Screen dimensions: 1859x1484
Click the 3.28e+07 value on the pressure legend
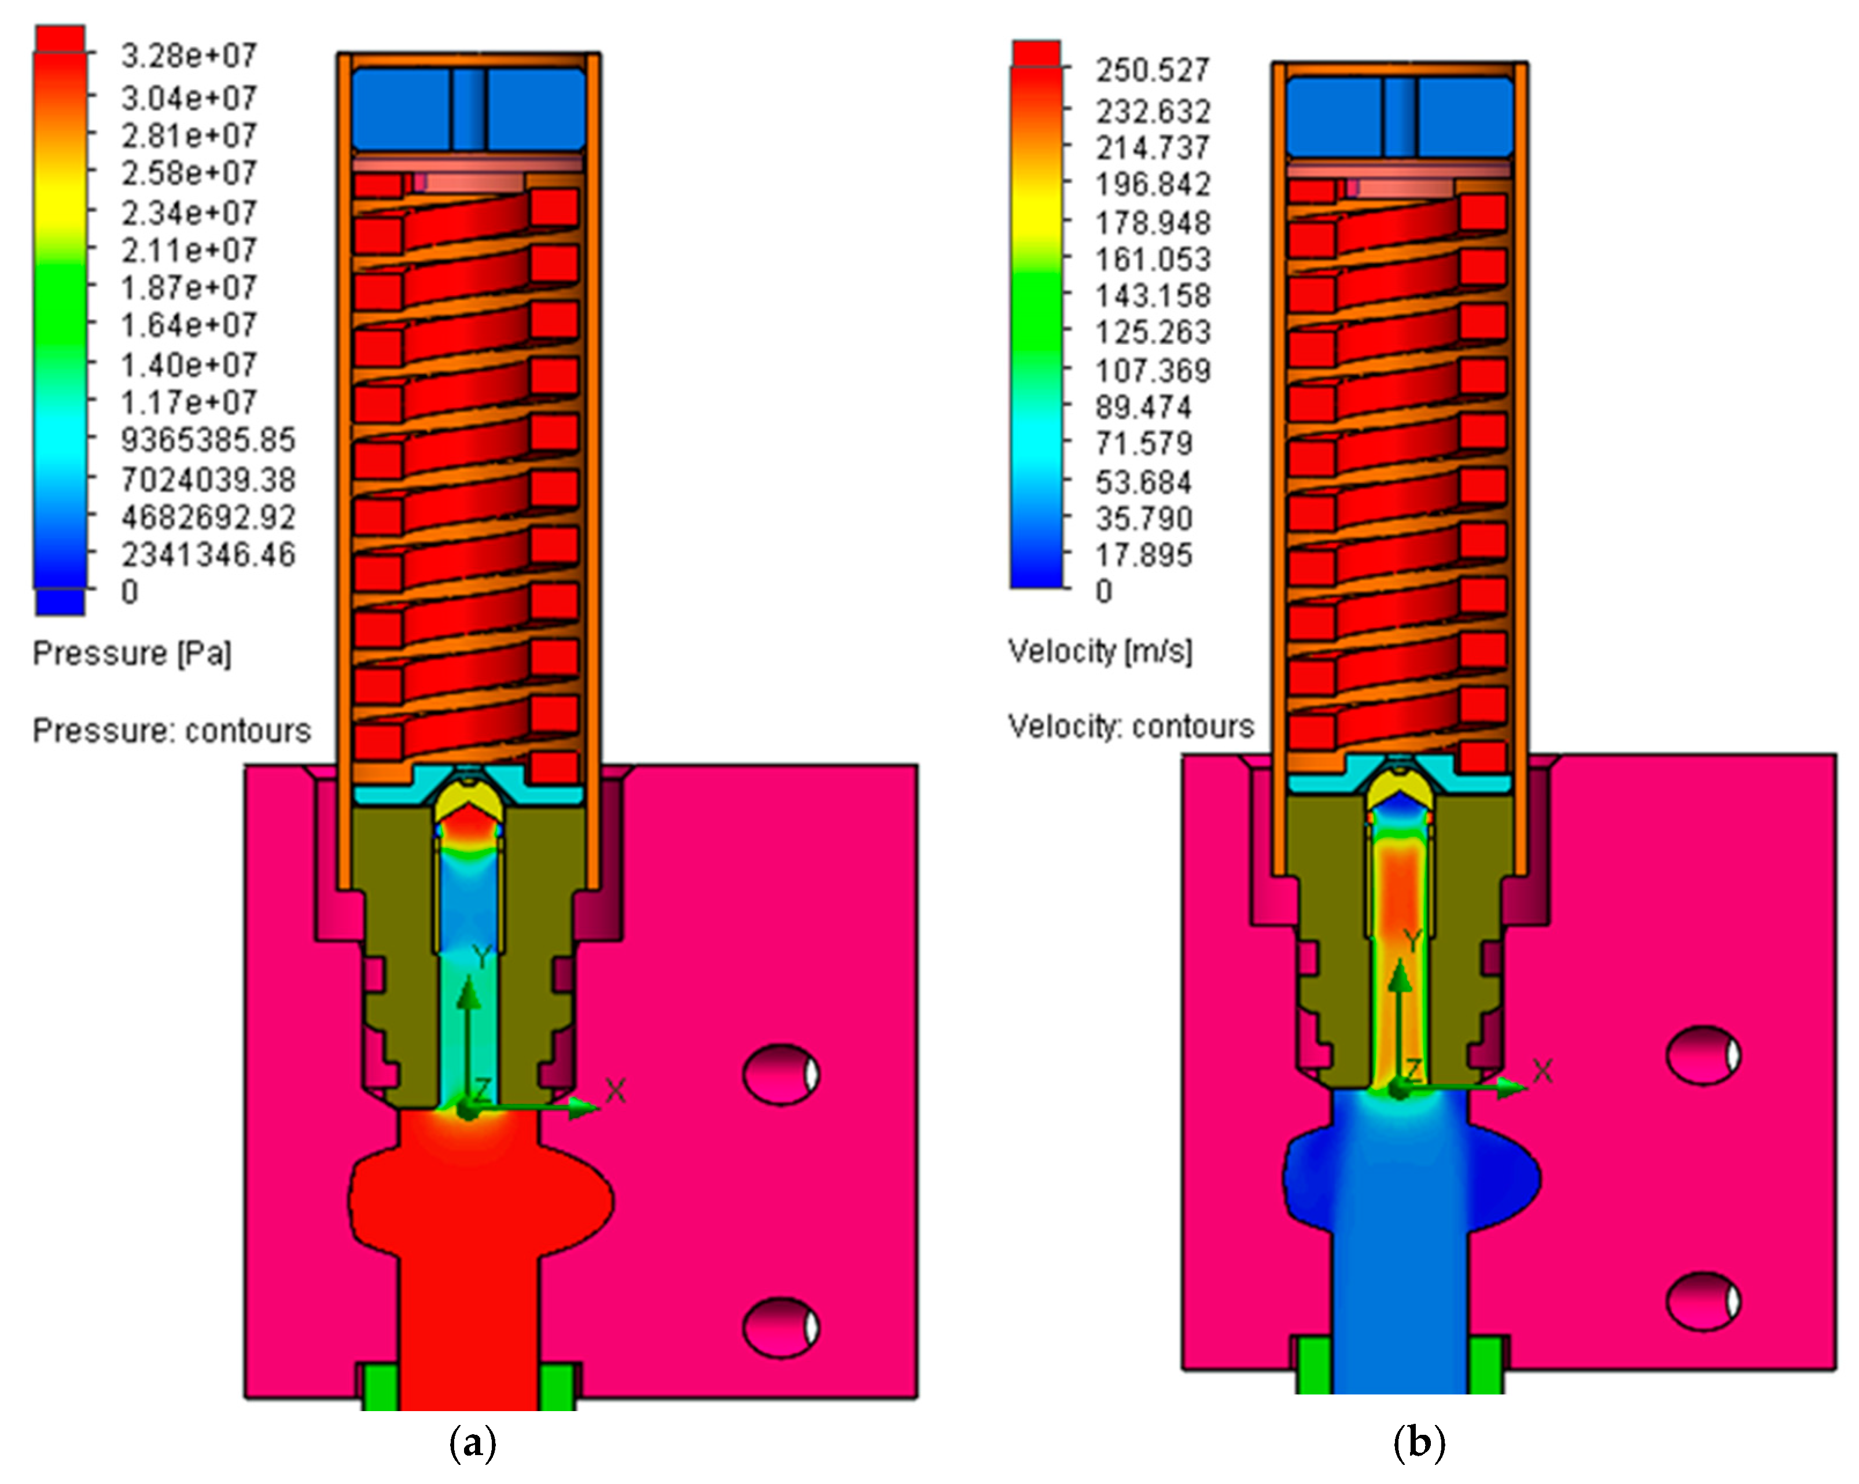tap(189, 56)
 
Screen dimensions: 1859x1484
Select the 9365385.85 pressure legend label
tap(208, 440)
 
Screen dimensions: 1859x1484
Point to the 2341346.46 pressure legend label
tap(208, 554)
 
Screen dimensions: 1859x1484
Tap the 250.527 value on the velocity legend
tap(1153, 70)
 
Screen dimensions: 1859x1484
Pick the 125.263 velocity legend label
tap(1153, 332)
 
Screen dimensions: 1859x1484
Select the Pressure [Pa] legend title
tap(132, 654)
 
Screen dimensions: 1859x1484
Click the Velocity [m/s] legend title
tap(1100, 651)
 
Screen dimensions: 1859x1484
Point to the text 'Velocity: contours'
tap(1131, 727)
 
